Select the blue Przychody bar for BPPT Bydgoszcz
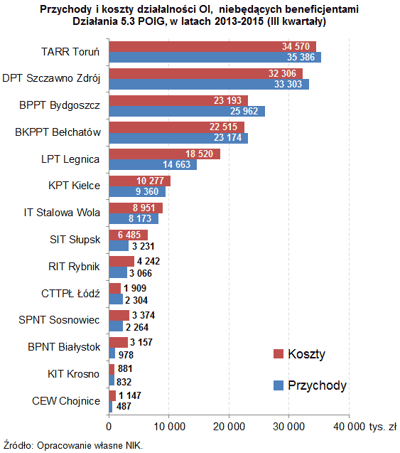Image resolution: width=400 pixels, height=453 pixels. [x=186, y=111]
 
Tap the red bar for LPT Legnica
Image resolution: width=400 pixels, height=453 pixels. [x=164, y=154]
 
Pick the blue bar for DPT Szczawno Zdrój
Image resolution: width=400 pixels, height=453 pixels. [x=208, y=84]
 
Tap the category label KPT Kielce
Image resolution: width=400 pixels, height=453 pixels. [x=73, y=186]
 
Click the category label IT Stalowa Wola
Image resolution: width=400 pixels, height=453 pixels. [x=63, y=212]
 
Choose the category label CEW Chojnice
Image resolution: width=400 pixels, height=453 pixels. [x=66, y=400]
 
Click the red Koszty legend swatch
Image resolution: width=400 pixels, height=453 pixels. [x=279, y=354]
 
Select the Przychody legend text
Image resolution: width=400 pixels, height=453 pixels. [x=317, y=385]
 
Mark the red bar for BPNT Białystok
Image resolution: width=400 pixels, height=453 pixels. [x=117, y=342]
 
